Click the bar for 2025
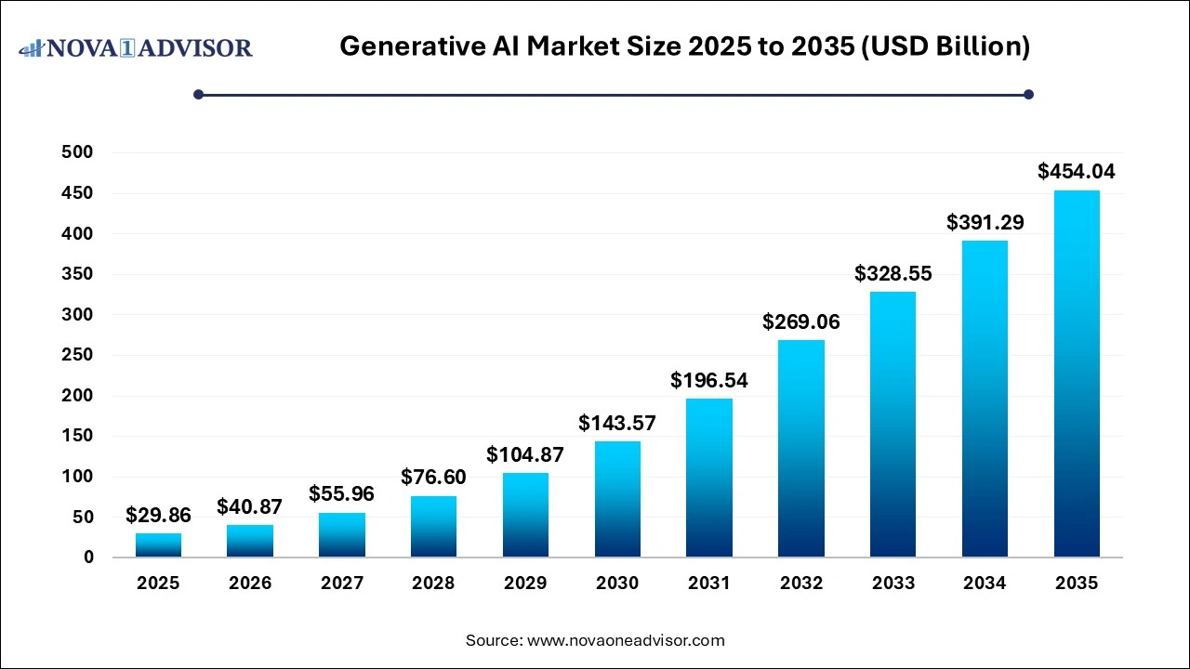click(158, 544)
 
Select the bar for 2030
click(617, 499)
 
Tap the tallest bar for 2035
click(1077, 374)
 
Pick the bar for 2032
click(801, 448)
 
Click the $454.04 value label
click(1077, 172)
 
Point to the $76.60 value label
click(433, 478)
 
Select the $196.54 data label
click(709, 380)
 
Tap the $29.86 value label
click(158, 515)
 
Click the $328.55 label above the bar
click(892, 274)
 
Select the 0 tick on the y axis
click(89, 557)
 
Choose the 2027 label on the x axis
click(341, 584)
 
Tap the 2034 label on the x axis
click(985, 584)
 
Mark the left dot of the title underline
click(198, 94)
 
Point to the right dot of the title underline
click(1028, 94)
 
